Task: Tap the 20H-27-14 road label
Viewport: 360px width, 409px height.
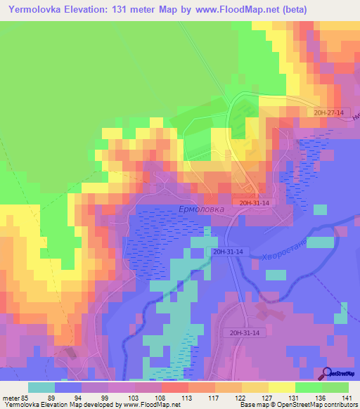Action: click(329, 112)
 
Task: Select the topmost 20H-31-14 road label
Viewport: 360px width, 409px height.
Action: click(254, 202)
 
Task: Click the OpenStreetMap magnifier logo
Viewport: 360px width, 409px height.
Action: click(328, 372)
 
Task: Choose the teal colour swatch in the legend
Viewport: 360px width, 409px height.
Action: click(41, 387)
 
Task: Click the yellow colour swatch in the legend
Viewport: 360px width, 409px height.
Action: click(282, 387)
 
